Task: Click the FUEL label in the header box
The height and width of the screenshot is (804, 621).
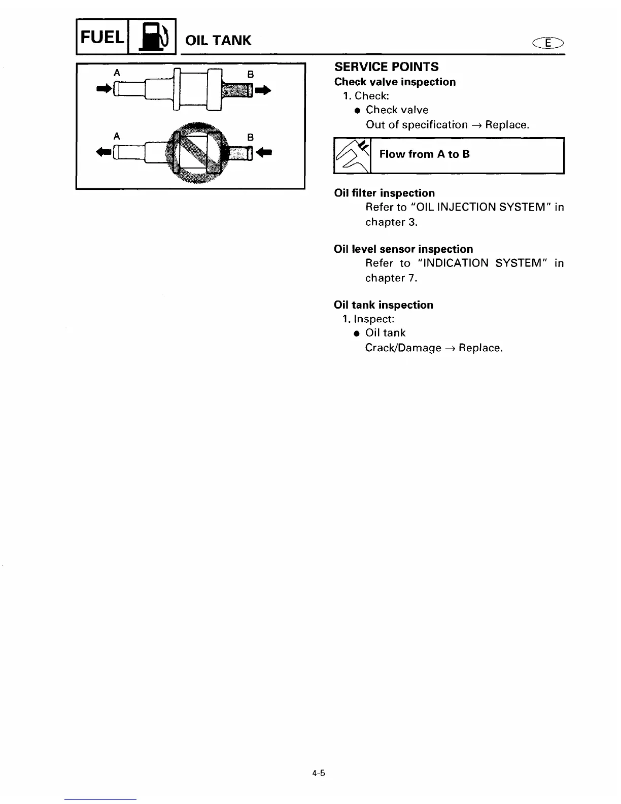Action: click(x=101, y=37)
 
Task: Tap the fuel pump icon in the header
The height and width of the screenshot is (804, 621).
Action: click(x=152, y=37)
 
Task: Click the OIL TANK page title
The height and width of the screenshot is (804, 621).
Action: click(x=218, y=41)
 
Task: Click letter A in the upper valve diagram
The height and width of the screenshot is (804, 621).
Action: click(x=117, y=73)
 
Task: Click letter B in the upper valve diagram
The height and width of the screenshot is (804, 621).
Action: click(x=250, y=74)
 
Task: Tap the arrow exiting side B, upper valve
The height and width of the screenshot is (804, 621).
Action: click(x=264, y=90)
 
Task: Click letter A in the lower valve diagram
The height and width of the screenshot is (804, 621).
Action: click(x=117, y=136)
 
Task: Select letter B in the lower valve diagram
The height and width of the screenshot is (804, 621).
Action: click(x=250, y=137)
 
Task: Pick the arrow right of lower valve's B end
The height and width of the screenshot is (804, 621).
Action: click(x=264, y=152)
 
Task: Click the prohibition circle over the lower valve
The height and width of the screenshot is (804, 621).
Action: click(x=197, y=152)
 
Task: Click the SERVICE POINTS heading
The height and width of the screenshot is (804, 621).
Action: click(x=387, y=67)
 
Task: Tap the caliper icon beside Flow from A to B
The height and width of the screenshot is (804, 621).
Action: click(x=352, y=155)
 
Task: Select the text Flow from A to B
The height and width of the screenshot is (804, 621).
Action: click(x=425, y=154)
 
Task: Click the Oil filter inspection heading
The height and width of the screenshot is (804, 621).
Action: click(x=385, y=193)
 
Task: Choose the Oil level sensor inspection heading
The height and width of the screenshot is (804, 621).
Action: click(x=403, y=249)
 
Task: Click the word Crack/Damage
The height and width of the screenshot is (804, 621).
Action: click(x=403, y=348)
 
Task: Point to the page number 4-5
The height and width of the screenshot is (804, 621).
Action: click(x=319, y=774)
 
